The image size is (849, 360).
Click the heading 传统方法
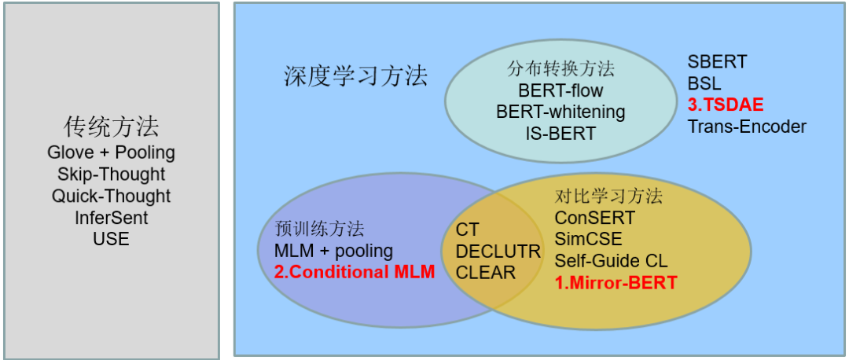(x=111, y=127)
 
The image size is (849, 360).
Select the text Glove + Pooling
(x=111, y=152)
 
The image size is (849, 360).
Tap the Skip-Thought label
(x=111, y=174)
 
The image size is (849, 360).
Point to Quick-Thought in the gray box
(x=111, y=196)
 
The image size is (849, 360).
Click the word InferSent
(x=111, y=217)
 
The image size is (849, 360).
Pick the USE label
(x=111, y=238)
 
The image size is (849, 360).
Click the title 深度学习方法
(x=355, y=75)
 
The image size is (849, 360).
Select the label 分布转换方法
(x=560, y=69)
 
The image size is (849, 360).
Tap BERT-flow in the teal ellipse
(x=560, y=90)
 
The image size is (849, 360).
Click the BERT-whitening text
(x=560, y=112)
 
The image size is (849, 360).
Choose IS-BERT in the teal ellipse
(x=560, y=133)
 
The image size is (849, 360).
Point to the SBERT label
(x=717, y=61)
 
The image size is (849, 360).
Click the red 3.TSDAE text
(x=726, y=105)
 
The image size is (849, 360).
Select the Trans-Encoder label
(x=747, y=126)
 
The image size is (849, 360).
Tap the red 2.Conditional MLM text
(x=354, y=272)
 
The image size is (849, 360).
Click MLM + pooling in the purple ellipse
(x=333, y=251)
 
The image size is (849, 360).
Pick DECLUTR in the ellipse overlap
(x=498, y=252)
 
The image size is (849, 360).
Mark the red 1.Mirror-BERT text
(x=616, y=282)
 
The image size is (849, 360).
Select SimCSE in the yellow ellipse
(x=588, y=239)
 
